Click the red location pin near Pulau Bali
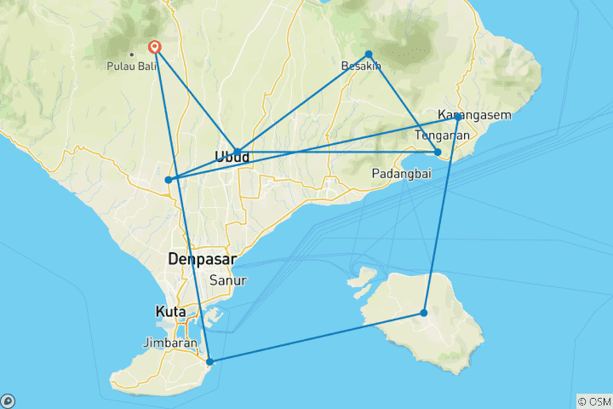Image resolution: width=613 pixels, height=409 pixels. [x=155, y=49]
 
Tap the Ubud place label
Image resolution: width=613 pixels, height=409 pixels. [x=231, y=157]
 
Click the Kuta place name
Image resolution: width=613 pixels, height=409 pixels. [x=170, y=312]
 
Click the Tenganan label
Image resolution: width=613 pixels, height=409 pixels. [x=442, y=135]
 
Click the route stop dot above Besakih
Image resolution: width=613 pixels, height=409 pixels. [x=369, y=55]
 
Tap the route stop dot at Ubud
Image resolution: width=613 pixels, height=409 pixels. [x=238, y=152]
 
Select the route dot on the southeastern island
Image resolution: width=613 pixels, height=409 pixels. [x=424, y=314]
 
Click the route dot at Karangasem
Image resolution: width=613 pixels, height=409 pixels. [x=458, y=116]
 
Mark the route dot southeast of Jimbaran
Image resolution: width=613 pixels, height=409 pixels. [x=210, y=362]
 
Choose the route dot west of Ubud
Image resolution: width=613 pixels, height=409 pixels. [x=169, y=180]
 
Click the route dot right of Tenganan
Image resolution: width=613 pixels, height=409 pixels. [x=438, y=153]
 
